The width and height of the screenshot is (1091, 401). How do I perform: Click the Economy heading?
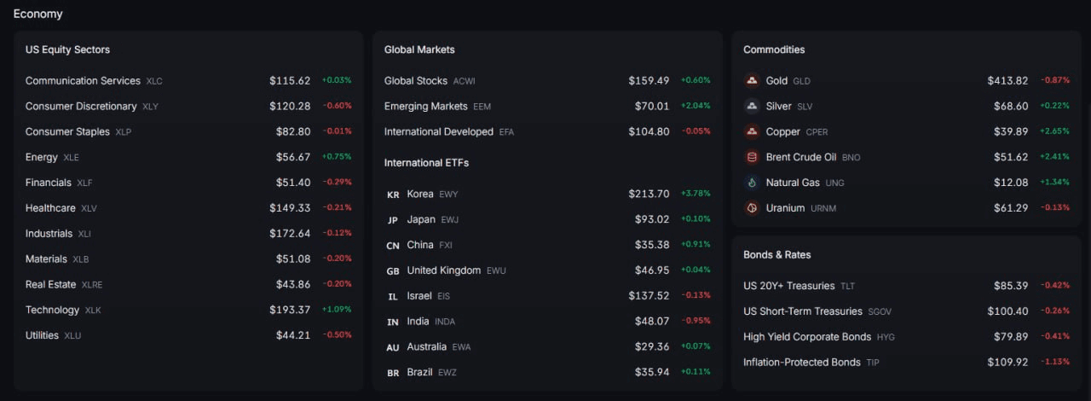point(38,14)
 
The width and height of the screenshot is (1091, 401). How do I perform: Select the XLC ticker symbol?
point(154,81)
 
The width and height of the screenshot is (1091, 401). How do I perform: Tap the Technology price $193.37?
point(290,310)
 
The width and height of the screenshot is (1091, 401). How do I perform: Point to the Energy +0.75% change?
point(337,157)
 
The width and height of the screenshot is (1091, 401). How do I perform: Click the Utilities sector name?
point(42,335)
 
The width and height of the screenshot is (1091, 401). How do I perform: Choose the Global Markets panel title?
point(419,49)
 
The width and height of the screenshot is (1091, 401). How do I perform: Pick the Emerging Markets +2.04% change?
point(696,106)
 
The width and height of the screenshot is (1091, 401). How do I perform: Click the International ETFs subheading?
point(426,162)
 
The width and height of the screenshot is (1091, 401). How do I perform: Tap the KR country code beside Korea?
point(393,195)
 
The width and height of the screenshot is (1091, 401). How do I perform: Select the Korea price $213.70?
point(649,194)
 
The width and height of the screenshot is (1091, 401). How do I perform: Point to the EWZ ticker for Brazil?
point(447,373)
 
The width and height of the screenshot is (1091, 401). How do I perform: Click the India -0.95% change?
point(696,321)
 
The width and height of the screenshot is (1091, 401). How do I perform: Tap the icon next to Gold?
point(752,80)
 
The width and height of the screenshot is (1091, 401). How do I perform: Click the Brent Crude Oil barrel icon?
point(752,157)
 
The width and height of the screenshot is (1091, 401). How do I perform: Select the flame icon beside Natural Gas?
point(752,183)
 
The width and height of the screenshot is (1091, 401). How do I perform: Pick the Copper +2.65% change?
point(1054,131)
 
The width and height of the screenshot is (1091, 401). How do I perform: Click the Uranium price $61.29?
point(1011,208)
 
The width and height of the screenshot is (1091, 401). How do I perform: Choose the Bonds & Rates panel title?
point(776,254)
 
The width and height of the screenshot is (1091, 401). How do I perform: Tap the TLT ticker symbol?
point(847,287)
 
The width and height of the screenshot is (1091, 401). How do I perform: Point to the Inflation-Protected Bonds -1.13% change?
point(1055,362)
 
